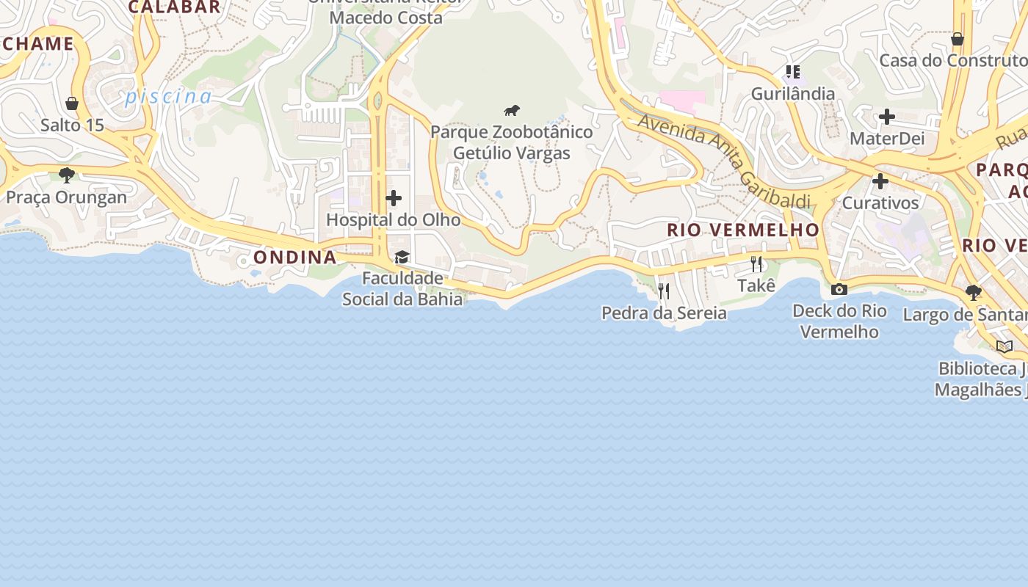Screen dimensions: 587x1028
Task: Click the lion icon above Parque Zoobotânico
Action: (x=512, y=111)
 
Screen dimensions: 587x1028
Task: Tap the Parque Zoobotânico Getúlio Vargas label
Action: (x=511, y=142)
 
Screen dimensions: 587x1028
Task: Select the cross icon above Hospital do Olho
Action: (x=394, y=198)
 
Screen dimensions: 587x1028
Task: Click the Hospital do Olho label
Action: (x=394, y=220)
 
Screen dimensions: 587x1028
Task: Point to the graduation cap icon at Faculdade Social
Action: (x=402, y=257)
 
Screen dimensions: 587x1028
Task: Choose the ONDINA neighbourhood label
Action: (x=295, y=258)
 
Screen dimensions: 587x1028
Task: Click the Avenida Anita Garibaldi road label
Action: (x=723, y=161)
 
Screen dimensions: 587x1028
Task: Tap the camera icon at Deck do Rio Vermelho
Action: (x=839, y=289)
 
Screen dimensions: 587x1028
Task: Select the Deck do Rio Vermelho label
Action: (x=839, y=321)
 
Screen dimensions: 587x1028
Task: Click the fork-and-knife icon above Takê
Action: (x=756, y=263)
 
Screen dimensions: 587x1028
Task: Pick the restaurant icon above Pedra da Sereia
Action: (x=664, y=291)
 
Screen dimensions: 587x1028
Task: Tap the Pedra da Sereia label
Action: (x=664, y=313)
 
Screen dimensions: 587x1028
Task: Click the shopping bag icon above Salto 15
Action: (x=72, y=103)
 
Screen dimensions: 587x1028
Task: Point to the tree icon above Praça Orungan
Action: (x=67, y=175)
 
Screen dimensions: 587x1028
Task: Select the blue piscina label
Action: (x=168, y=97)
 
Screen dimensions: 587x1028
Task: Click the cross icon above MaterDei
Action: (x=887, y=117)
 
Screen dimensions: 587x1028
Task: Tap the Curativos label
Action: (x=880, y=203)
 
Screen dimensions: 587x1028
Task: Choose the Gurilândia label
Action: (x=792, y=94)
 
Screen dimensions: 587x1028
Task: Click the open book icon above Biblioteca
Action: (x=1005, y=346)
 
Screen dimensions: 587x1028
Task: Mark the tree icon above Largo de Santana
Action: (x=974, y=293)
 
